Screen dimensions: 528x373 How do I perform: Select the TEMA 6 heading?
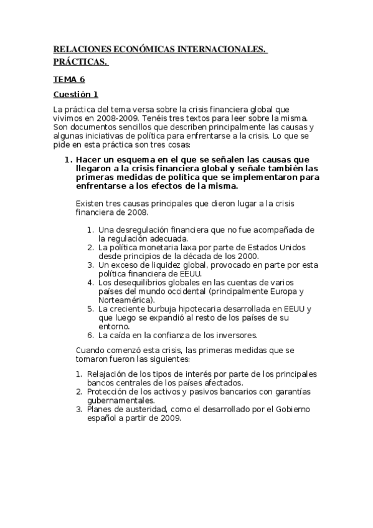coord(68,80)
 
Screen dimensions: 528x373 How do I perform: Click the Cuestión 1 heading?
coord(76,95)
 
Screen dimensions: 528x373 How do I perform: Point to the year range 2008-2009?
coord(111,118)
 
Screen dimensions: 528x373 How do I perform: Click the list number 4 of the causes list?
coord(90,282)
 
